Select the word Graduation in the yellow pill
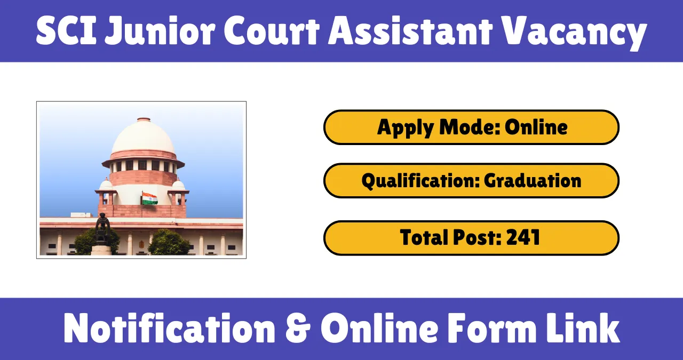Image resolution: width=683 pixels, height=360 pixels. click(533, 181)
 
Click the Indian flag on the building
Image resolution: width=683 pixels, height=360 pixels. click(149, 198)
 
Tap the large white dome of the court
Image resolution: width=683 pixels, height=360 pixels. click(143, 138)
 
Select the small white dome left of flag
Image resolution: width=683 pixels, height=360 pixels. click(106, 185)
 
